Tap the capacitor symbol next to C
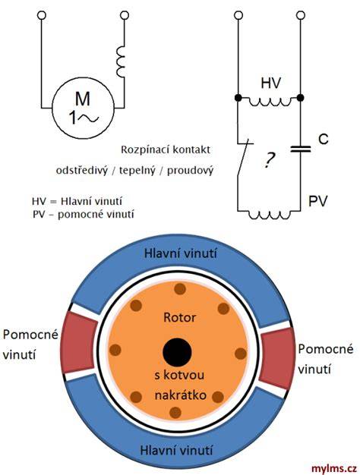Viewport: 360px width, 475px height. [300, 149]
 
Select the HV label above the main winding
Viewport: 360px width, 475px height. [271, 83]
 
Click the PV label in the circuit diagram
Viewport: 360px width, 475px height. [318, 201]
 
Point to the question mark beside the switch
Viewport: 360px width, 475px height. [268, 160]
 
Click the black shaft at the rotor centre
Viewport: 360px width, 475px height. [177, 352]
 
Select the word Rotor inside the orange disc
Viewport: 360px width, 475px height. [179, 317]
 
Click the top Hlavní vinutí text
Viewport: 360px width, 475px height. [181, 253]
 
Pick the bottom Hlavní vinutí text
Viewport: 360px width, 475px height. [176, 450]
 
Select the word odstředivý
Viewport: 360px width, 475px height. [82, 171]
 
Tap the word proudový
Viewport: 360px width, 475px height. [190, 171]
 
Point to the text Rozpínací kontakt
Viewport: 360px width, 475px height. [166, 149]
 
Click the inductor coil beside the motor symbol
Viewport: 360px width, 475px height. [121, 61]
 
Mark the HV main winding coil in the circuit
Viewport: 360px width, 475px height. [270, 102]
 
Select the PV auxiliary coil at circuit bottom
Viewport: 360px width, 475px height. [270, 215]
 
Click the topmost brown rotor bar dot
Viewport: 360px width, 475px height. [180, 289]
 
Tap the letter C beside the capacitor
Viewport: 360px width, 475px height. [324, 139]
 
